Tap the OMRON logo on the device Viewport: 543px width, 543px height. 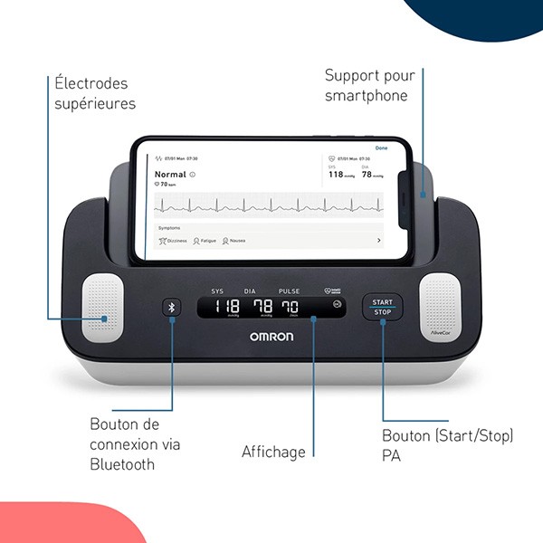coord(271,336)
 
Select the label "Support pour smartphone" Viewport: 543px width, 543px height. coord(366,85)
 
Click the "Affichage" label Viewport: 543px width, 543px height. coord(273,452)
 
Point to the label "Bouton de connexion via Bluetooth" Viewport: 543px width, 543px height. coord(135,444)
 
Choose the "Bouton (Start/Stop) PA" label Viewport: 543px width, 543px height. coord(447,445)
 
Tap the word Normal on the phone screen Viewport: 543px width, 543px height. coord(170,173)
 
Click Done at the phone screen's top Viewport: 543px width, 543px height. coord(381,148)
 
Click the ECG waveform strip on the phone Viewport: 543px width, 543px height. coord(268,204)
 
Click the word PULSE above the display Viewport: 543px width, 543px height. coord(290,291)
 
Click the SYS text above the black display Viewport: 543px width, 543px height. coord(217,291)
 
